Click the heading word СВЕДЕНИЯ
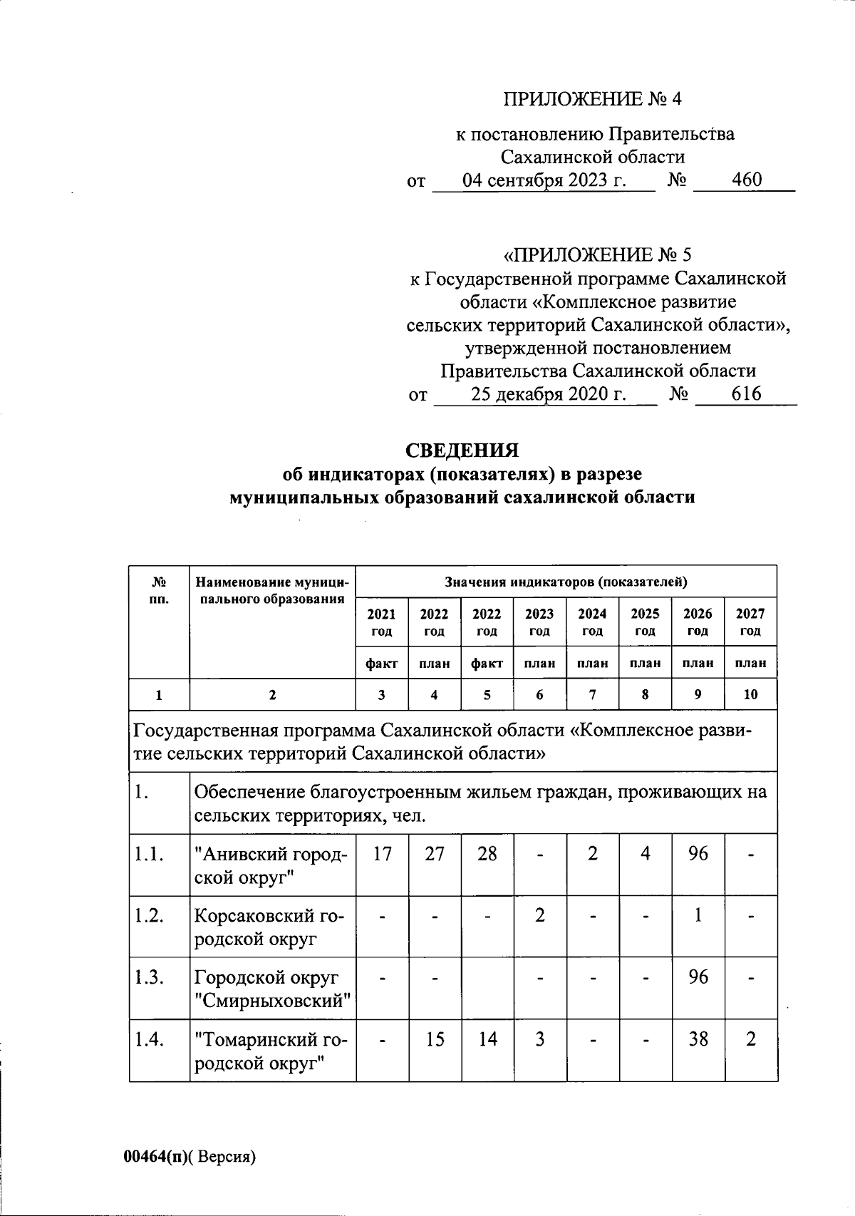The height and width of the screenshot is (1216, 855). (462, 450)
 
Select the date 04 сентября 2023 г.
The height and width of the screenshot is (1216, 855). (544, 180)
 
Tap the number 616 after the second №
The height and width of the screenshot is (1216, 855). (746, 393)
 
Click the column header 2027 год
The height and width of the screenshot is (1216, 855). (750, 622)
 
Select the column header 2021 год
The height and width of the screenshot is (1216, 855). (381, 622)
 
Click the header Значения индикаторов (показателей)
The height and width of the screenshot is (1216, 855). (566, 582)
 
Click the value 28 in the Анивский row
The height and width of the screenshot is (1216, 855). (487, 853)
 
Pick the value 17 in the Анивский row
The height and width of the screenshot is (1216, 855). (382, 853)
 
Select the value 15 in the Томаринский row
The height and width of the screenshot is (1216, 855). (435, 1039)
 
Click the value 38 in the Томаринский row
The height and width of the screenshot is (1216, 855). (698, 1039)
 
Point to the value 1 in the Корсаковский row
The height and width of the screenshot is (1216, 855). (698, 915)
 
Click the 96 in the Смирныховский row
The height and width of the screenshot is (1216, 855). (698, 977)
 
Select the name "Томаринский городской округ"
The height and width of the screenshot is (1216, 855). (271, 1051)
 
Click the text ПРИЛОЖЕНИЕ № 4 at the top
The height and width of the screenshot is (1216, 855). (593, 99)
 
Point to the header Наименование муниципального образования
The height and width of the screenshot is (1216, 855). (271, 591)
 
